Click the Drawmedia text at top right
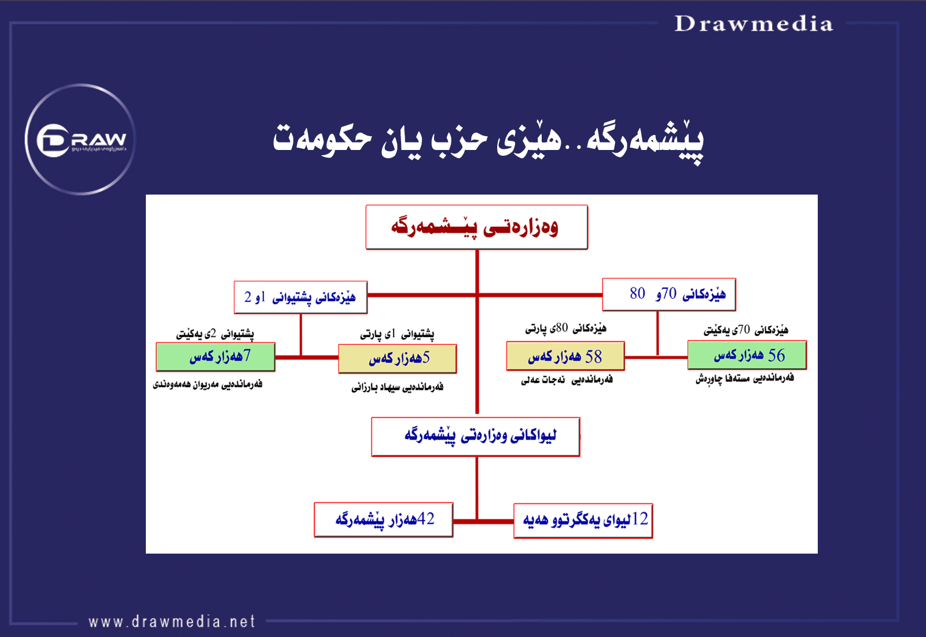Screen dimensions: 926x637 pyautogui.click(x=754, y=24)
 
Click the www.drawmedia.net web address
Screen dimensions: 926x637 pyautogui.click(x=171, y=621)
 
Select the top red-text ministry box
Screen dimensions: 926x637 pyautogui.click(x=477, y=227)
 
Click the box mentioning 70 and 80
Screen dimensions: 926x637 pyautogui.click(x=669, y=295)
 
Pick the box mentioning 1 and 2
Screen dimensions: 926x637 pyautogui.click(x=300, y=298)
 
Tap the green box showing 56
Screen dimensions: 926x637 pyautogui.click(x=747, y=355)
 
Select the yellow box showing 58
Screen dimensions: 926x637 pyautogui.click(x=565, y=356)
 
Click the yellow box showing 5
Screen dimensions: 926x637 pyautogui.click(x=397, y=358)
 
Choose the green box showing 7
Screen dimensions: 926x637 pyautogui.click(x=215, y=357)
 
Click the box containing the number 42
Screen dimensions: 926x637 pyautogui.click(x=384, y=520)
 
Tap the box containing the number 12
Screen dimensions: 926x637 pyautogui.click(x=583, y=521)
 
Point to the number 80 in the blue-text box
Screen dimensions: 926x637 pyautogui.click(x=637, y=293)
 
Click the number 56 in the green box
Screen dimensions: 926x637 pyautogui.click(x=776, y=356)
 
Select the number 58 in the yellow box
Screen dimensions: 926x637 pyautogui.click(x=594, y=357)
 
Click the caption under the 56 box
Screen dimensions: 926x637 pyautogui.click(x=744, y=379)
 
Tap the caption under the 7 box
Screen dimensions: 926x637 pyautogui.click(x=208, y=385)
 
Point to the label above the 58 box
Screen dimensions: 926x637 pyautogui.click(x=565, y=329)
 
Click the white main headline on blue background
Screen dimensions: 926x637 pyautogui.click(x=488, y=141)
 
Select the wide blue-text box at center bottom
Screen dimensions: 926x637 pyautogui.click(x=475, y=437)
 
